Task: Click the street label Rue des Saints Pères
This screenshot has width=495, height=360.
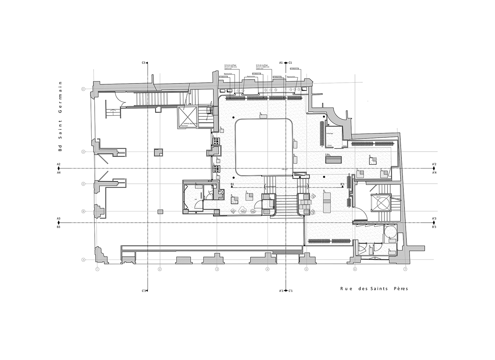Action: pos(374,288)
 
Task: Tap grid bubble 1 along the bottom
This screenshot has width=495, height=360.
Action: pos(97,269)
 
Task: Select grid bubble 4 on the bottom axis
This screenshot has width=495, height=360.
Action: pos(267,269)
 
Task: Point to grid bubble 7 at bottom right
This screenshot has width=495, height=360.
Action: pos(405,269)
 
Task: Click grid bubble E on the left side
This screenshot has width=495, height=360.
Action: pos(83,89)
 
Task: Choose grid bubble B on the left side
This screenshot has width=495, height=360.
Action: pos(83,211)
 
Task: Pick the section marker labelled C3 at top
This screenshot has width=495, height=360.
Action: pos(146,63)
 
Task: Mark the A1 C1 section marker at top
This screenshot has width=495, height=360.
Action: pos(286,63)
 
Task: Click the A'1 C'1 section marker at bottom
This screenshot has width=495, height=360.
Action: pos(286,290)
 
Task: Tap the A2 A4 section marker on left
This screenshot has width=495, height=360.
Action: pos(59,169)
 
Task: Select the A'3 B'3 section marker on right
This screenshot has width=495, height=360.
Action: pos(434,223)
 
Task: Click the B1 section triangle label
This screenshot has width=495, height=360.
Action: pos(232,185)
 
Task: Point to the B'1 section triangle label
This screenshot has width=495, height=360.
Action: pos(342,185)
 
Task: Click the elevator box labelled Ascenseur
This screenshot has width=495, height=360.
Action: pos(188,117)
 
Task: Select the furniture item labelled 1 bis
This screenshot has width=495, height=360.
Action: pos(333,159)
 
